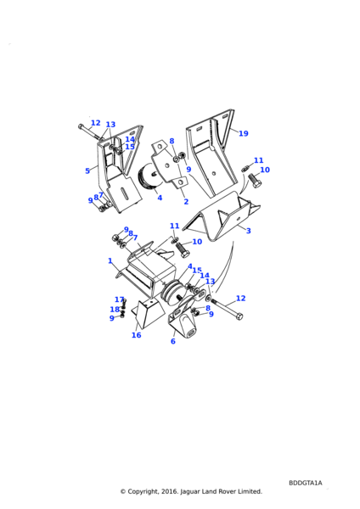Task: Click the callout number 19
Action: click(244, 133)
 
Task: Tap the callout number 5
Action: click(87, 171)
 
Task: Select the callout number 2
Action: click(186, 202)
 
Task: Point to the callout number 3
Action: click(249, 231)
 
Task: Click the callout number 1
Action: click(110, 260)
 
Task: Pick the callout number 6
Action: click(173, 341)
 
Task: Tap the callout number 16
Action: click(136, 335)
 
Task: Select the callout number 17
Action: click(119, 299)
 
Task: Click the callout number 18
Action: click(115, 310)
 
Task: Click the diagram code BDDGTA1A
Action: click(306, 483)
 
